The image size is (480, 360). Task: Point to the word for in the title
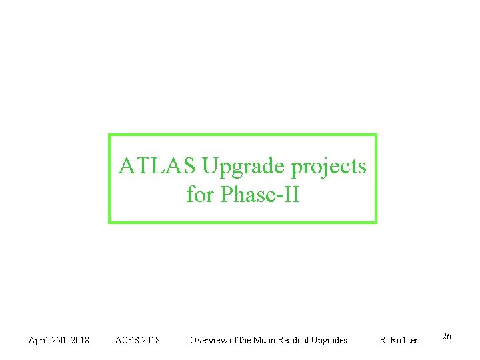point(200,195)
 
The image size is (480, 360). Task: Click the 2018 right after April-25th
point(80,341)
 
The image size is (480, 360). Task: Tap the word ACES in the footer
point(127,341)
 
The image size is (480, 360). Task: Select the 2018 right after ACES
point(151,341)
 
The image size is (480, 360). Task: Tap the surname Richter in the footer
point(404,341)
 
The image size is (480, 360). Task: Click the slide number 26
point(447,336)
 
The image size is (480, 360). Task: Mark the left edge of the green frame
point(110,179)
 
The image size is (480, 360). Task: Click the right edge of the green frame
point(375,179)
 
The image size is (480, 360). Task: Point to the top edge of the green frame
point(243,135)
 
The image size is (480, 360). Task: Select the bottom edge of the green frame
point(243,221)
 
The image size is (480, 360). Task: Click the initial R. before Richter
point(384,341)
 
